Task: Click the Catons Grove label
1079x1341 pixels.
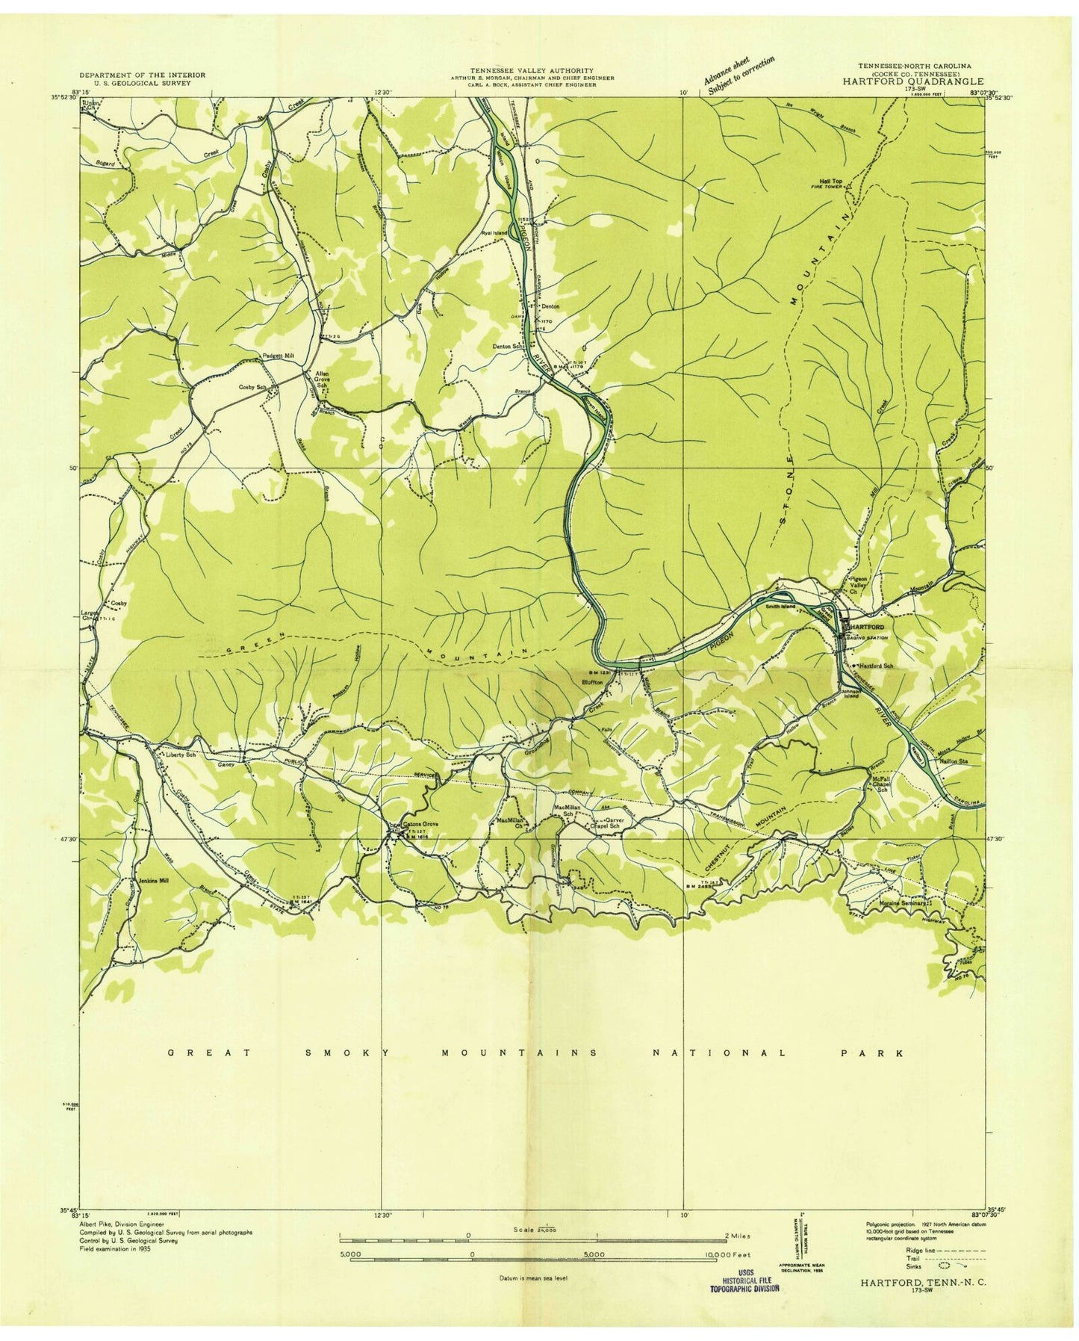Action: [x=420, y=824]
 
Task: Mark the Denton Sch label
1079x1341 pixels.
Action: [x=506, y=347]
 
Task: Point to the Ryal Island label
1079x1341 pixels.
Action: [x=494, y=233]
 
